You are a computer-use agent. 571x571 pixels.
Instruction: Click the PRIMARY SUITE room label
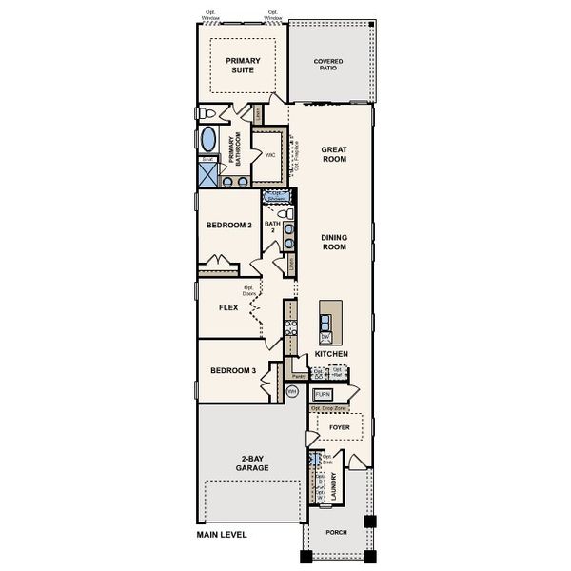tap(244, 66)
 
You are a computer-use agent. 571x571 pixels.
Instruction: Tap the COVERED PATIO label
tap(328, 66)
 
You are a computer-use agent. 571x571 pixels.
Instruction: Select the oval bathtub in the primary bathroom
tap(208, 141)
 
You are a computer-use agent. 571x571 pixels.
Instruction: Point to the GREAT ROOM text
tap(333, 154)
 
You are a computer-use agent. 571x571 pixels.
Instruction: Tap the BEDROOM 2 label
tap(228, 226)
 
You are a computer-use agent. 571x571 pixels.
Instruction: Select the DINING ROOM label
tap(333, 243)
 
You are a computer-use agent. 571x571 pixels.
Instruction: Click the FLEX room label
tap(227, 307)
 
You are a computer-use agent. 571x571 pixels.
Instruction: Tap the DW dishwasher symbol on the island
tap(325, 337)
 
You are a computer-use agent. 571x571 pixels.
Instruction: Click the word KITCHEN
tap(331, 354)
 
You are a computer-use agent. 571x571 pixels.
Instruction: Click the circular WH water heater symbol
tap(292, 390)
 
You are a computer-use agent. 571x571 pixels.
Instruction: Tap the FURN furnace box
tap(322, 393)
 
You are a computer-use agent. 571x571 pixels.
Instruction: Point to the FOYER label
tap(340, 428)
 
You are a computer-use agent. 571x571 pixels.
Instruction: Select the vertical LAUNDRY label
tap(334, 487)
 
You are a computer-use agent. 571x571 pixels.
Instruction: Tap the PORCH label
tap(336, 533)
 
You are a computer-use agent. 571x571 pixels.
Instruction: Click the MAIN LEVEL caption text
tap(222, 535)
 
